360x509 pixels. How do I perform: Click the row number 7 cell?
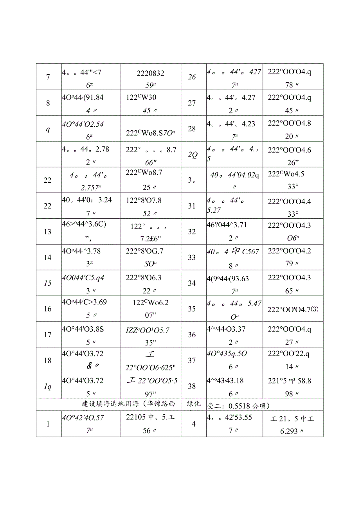pos(48,77)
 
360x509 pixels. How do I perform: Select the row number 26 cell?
pos(192,77)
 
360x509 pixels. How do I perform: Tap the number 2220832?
pos(150,73)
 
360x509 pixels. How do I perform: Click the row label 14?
pos(48,257)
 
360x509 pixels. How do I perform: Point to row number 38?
pos(192,386)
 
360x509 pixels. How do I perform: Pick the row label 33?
pos(192,257)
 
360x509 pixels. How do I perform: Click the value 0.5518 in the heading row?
pos(236,405)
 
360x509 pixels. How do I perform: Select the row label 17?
pos(48,335)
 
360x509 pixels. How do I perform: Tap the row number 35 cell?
pos(192,309)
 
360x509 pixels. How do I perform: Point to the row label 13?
pos(48,232)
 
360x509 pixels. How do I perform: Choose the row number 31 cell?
pos(192,206)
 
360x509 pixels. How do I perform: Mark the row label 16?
pos(48,309)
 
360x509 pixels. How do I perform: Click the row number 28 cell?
pos(192,129)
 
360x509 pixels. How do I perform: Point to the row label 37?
pos(192,360)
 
